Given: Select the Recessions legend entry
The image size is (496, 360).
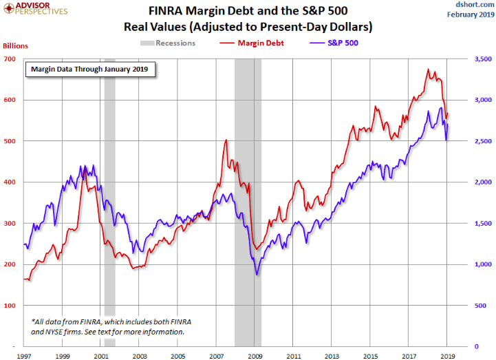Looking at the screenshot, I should click(169, 43).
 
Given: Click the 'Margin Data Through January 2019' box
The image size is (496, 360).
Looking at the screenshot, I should click(90, 70).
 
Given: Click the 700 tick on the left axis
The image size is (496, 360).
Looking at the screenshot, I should click(11, 59).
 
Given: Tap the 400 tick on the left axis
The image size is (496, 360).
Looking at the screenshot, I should click(11, 182).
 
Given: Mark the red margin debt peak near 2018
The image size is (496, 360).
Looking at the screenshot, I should click(428, 70).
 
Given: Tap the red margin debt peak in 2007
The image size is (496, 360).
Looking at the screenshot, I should click(226, 140).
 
